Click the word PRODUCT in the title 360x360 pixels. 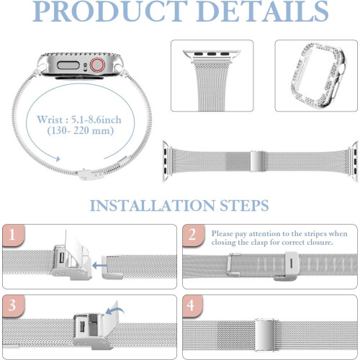[x=110, y=12]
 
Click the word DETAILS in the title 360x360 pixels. [x=264, y=12]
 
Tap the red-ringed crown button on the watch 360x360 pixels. [x=97, y=65]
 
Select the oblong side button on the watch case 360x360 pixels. [x=68, y=65]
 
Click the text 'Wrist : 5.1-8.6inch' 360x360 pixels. [x=79, y=120]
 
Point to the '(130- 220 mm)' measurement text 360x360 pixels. [x=81, y=131]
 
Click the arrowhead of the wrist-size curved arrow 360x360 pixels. [x=58, y=158]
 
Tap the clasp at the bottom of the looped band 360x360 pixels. [x=91, y=175]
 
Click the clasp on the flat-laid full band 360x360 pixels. [x=256, y=161]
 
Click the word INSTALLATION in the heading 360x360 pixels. [x=153, y=206]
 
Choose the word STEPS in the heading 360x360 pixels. [x=244, y=206]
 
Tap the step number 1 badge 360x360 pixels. [x=13, y=235]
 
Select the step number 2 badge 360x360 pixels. [x=193, y=235]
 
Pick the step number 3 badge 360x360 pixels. [x=13, y=305]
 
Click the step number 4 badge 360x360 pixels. [x=192, y=305]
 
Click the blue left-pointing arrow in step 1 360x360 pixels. [x=99, y=266]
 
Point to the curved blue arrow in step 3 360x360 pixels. [x=114, y=311]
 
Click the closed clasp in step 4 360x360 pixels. [x=265, y=335]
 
